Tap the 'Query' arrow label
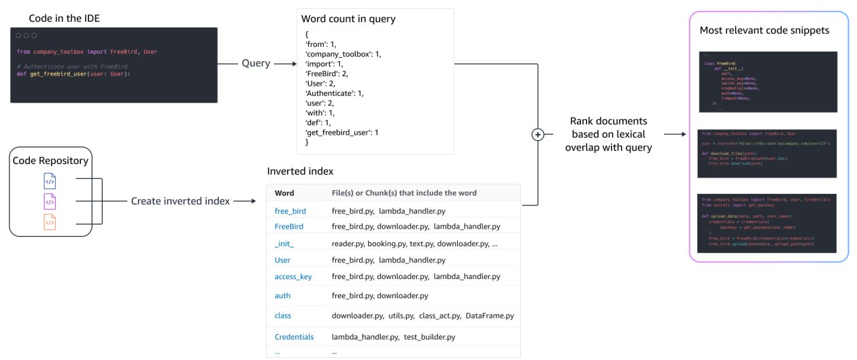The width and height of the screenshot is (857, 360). point(256,63)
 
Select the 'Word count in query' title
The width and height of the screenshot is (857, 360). point(348,19)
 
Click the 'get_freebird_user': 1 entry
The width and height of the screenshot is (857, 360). point(342,132)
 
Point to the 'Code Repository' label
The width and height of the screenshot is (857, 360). point(50,160)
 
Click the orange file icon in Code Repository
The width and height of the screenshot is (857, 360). point(50,222)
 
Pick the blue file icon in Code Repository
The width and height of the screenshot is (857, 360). point(50,182)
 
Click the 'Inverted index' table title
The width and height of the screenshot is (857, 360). point(300,171)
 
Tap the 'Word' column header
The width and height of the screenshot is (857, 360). point(284,193)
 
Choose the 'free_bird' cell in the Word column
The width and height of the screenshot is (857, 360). point(290,211)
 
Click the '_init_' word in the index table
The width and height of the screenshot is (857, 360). point(284,243)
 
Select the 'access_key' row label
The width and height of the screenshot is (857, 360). point(293,276)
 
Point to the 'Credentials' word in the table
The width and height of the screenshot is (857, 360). point(295,336)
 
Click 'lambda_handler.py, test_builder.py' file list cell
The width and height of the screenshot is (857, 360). point(393,336)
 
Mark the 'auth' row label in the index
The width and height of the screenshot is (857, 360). point(283,295)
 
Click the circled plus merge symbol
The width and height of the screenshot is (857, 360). point(538,135)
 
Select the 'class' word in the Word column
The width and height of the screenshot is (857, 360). point(283,316)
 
